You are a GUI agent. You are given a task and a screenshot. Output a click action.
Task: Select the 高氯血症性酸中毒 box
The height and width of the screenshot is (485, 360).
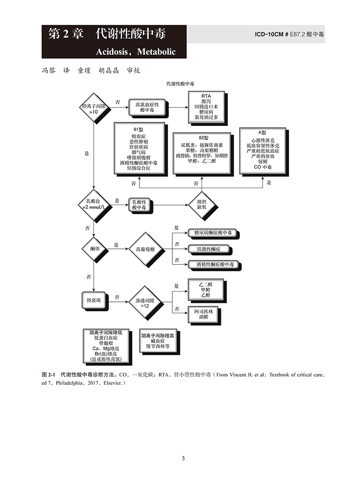147,107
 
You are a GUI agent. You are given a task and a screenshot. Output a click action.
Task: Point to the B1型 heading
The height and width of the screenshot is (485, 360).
138,129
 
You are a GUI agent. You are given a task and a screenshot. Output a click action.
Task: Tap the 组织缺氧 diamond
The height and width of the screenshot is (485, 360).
201,205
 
